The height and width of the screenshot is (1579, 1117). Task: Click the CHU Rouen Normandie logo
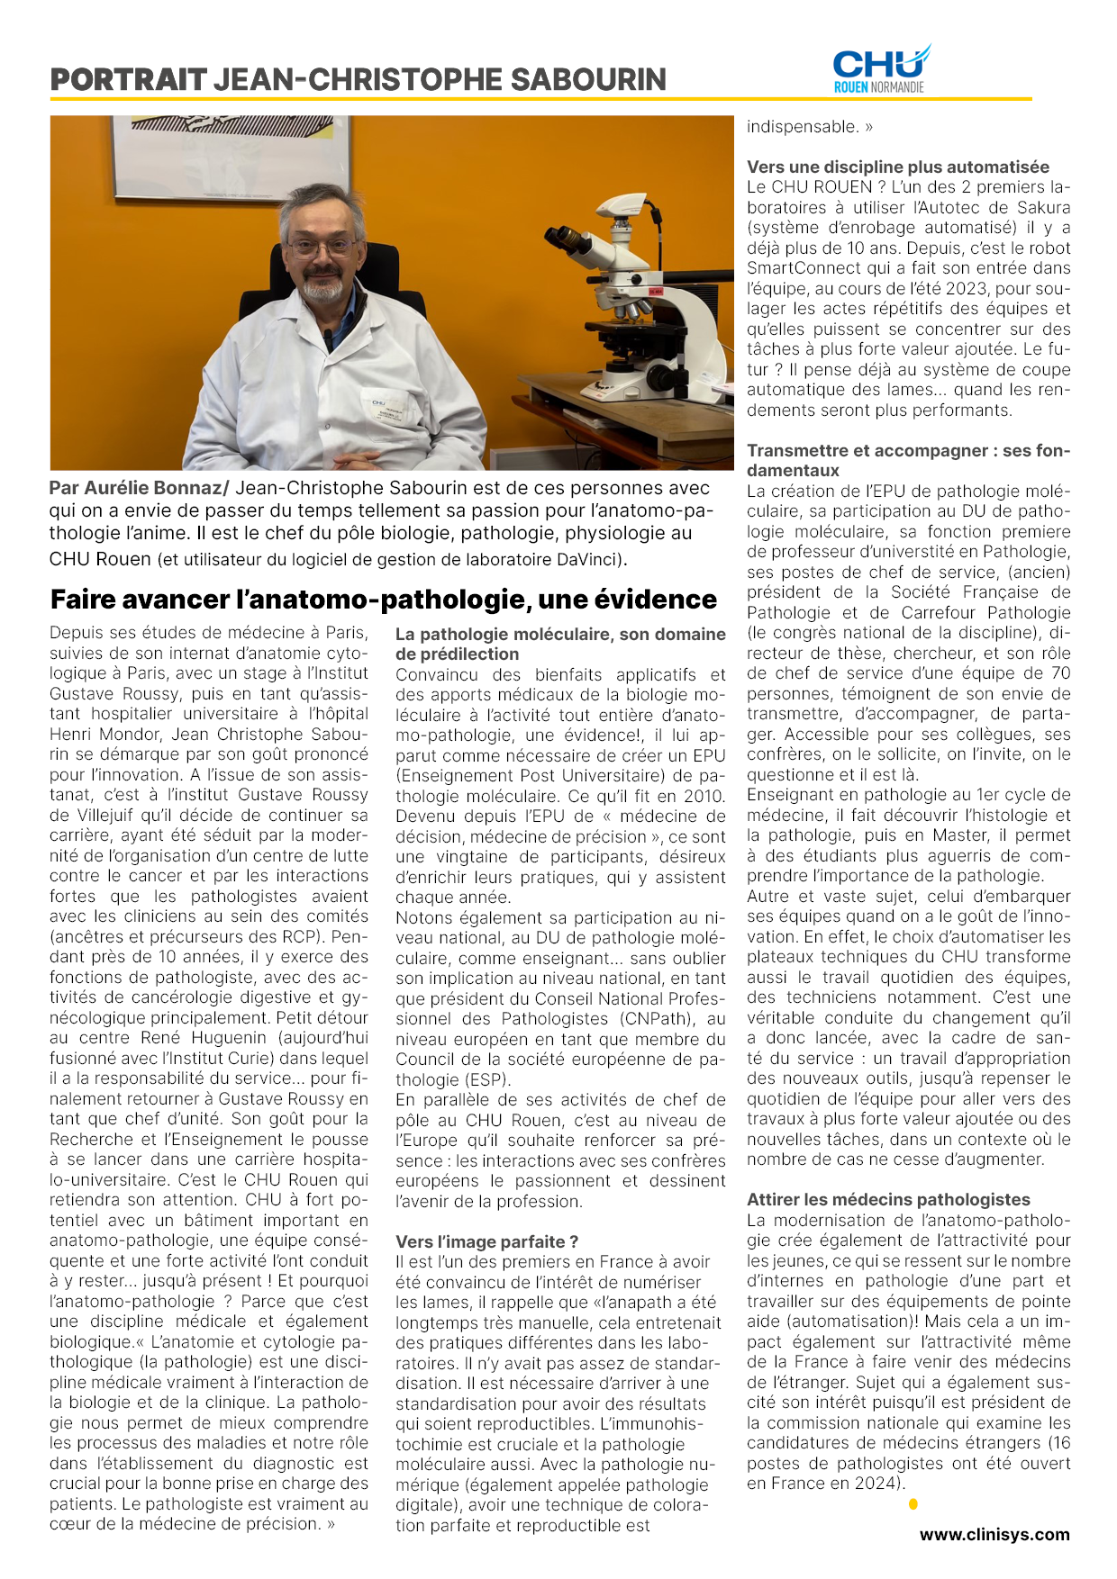click(880, 69)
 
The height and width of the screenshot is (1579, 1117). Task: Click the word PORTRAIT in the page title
click(128, 80)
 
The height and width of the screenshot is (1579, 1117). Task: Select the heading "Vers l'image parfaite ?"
click(486, 1242)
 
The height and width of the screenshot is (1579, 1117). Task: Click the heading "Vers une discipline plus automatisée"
click(898, 167)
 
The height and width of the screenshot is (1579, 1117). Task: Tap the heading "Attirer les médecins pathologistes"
click(888, 1199)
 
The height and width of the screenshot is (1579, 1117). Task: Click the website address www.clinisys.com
click(994, 1535)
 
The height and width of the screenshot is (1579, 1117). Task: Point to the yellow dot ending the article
click(913, 1503)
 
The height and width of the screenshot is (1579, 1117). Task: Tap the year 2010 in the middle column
click(704, 796)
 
